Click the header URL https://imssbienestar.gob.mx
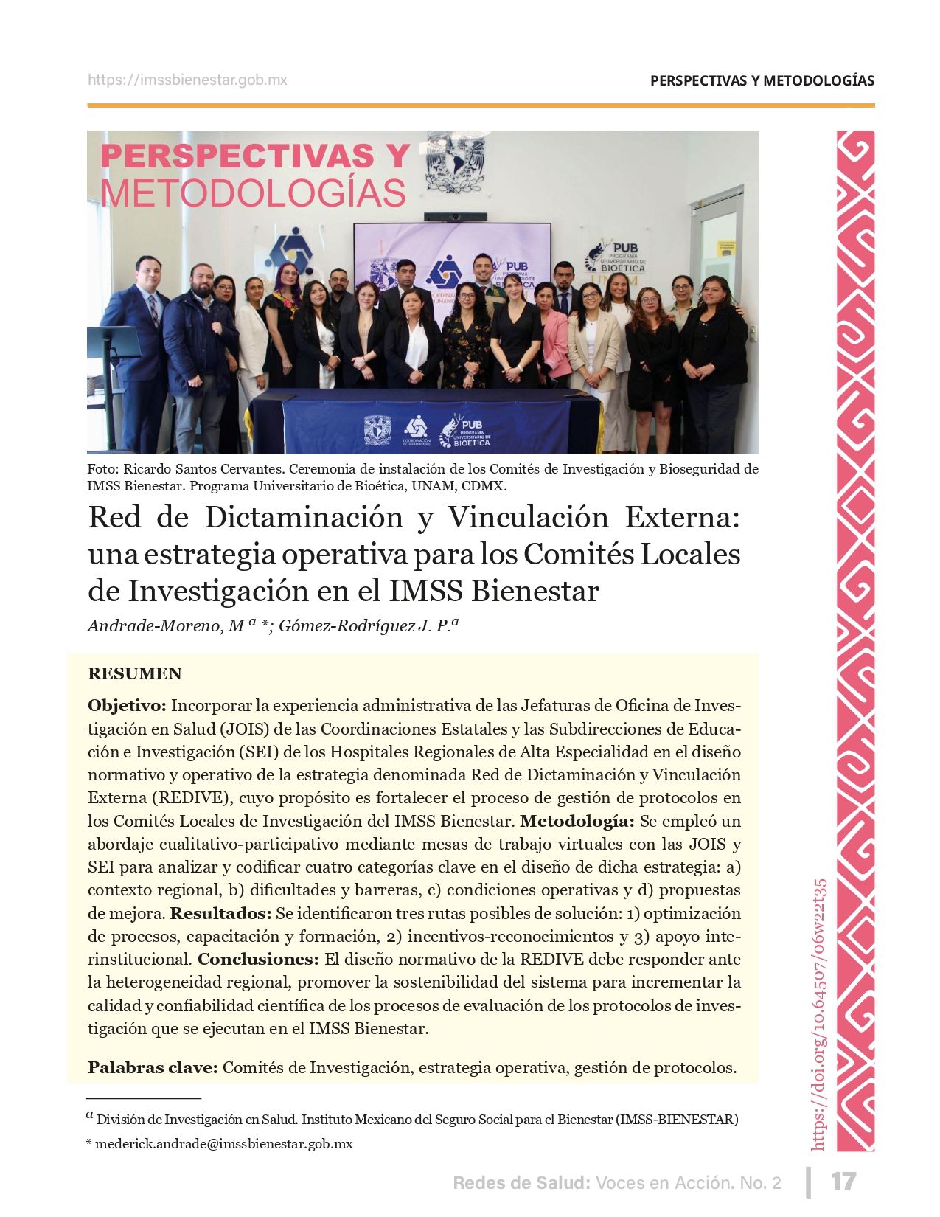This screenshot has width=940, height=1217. pyautogui.click(x=187, y=80)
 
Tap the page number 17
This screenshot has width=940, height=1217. pyautogui.click(x=843, y=1182)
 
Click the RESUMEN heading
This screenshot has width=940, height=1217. pyautogui.click(x=134, y=673)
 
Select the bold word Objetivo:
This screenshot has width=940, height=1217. pyautogui.click(x=128, y=706)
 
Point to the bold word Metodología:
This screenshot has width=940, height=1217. pyautogui.click(x=577, y=821)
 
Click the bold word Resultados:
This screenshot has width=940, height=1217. pyautogui.click(x=221, y=913)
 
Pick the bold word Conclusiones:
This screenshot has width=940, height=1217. pyautogui.click(x=258, y=959)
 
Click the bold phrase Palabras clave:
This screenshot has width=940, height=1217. pyautogui.click(x=153, y=1067)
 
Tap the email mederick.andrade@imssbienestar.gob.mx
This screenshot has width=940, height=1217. pyautogui.click(x=223, y=1144)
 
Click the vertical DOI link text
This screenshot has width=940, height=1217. pyautogui.click(x=819, y=1014)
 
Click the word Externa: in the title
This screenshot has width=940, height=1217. pyautogui.click(x=682, y=517)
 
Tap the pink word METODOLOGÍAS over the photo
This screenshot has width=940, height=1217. pyautogui.click(x=253, y=193)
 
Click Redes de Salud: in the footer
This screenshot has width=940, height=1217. pyautogui.click(x=521, y=1183)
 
